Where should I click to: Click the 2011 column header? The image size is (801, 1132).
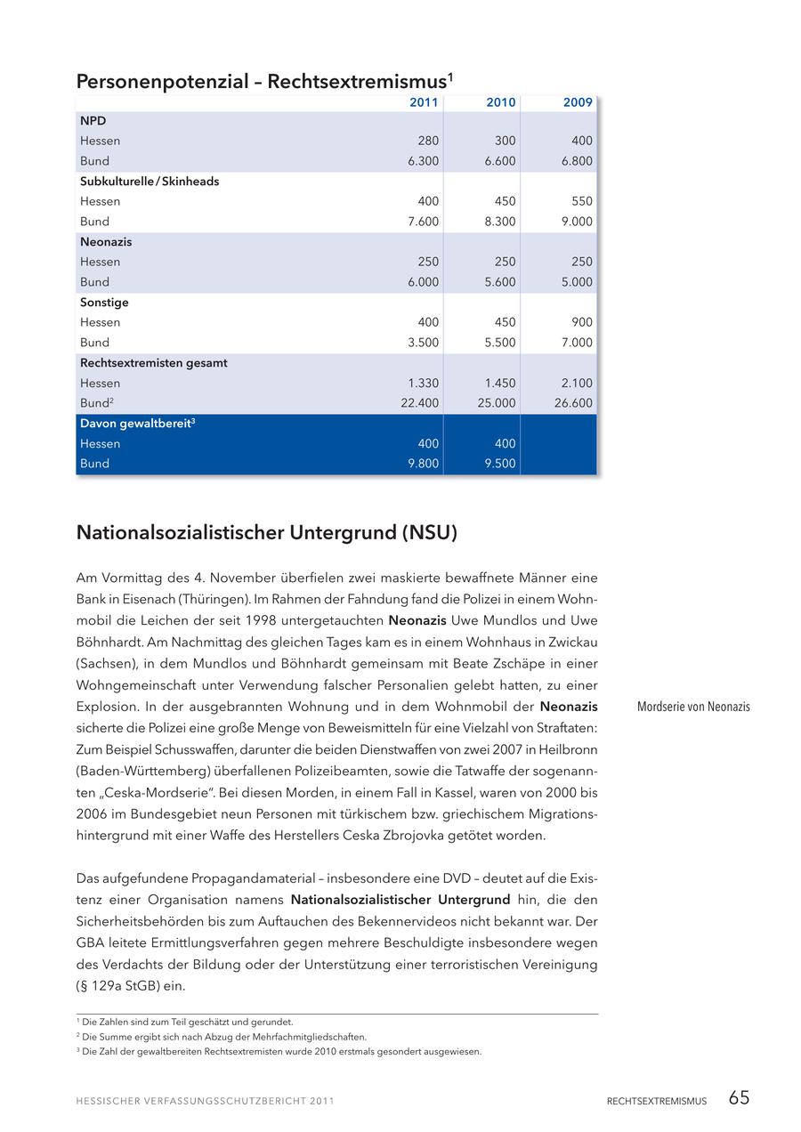(424, 102)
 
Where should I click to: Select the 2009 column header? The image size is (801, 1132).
(578, 102)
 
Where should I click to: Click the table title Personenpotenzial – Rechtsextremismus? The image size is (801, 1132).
(264, 82)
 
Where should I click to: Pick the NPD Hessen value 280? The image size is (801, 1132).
(428, 141)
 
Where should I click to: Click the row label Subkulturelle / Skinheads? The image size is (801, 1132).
(150, 182)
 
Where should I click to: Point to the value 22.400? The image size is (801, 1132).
(420, 403)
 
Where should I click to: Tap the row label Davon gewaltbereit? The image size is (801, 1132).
(137, 424)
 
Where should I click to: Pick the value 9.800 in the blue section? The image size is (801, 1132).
(424, 464)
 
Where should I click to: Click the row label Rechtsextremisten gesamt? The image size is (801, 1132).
(154, 363)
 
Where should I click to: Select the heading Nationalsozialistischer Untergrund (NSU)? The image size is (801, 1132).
(267, 533)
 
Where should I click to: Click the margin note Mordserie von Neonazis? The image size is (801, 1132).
(693, 707)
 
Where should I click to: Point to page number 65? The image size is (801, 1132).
(739, 1098)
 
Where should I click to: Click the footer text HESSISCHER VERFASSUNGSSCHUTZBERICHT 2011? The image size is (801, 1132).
(206, 1102)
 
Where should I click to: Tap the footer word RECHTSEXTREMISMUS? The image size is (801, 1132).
(657, 1102)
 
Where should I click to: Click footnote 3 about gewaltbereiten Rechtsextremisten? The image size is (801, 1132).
(281, 1052)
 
